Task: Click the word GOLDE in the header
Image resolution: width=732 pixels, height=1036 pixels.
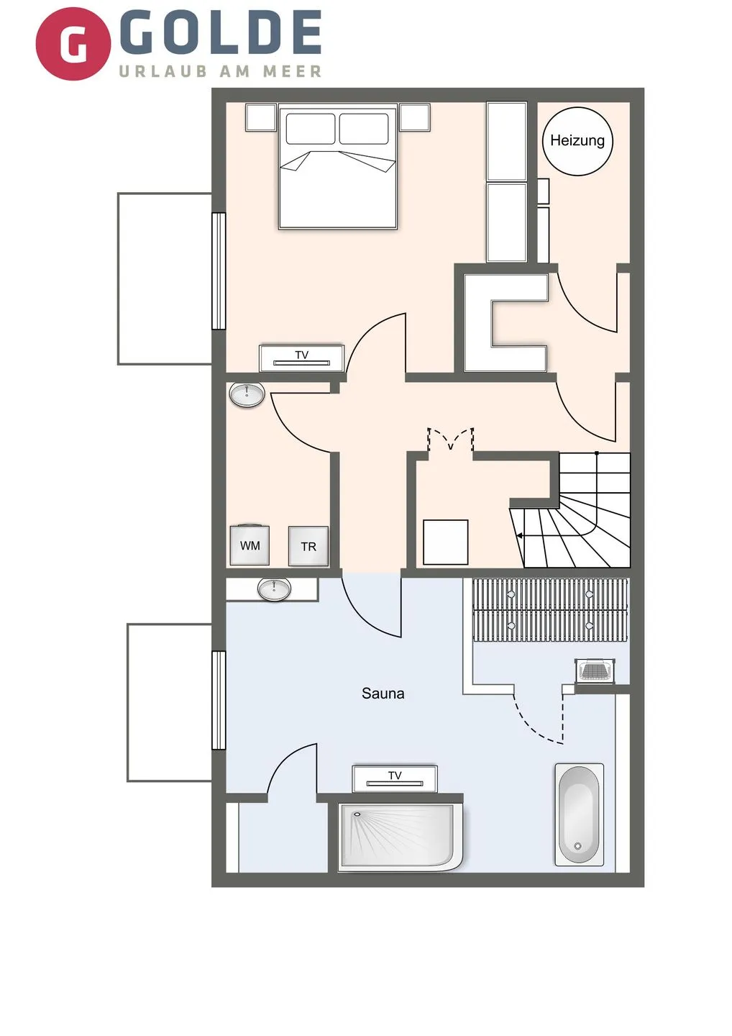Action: click(220, 33)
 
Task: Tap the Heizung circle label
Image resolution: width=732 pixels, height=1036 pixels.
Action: click(577, 141)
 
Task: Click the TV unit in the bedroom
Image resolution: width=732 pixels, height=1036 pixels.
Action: click(302, 358)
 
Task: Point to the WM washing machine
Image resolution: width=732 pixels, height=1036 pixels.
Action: click(250, 545)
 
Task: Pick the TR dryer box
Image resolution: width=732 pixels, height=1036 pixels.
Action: click(308, 547)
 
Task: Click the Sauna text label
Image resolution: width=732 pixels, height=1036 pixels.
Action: click(383, 694)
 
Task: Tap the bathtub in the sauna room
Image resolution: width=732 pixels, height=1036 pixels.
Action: click(579, 814)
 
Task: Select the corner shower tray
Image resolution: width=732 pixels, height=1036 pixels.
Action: click(400, 836)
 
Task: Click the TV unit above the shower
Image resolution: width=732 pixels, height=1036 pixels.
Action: click(394, 778)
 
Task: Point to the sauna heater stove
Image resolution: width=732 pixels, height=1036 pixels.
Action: click(595, 671)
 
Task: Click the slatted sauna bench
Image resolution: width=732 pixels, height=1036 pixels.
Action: click(549, 609)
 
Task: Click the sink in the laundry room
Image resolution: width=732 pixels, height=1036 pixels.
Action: click(247, 394)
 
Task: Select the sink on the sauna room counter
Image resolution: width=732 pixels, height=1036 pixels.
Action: click(274, 589)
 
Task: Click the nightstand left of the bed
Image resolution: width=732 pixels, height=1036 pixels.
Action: click(260, 117)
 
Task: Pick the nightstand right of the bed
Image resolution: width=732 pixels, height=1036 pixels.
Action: click(415, 117)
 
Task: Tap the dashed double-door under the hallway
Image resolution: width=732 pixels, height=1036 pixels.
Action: click(451, 440)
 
